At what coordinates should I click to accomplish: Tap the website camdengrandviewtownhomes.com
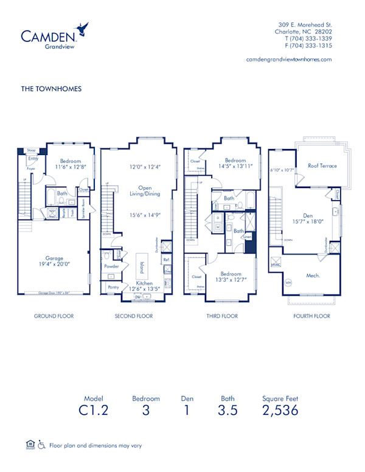point(289,59)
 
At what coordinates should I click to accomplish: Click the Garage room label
point(54,258)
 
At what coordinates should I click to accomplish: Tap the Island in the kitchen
point(142,267)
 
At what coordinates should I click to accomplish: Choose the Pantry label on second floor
point(113,287)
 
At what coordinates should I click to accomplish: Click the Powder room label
point(111,266)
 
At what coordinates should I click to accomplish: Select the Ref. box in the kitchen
point(166,259)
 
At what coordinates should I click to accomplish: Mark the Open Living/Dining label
point(145,191)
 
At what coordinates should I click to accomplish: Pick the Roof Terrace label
point(322,165)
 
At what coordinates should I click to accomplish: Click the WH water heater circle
point(288,282)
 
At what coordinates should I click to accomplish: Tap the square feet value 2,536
point(280,410)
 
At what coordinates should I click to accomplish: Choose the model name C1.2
point(94,410)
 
